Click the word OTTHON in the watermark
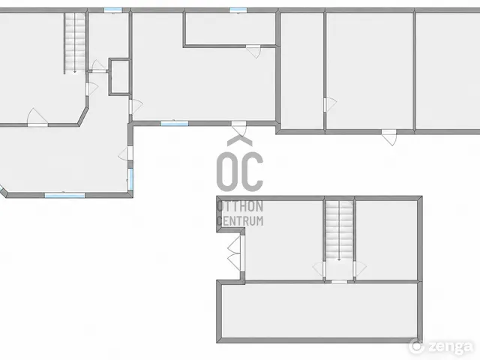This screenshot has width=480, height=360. pyautogui.click(x=240, y=206)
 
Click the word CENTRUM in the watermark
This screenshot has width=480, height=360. pyautogui.click(x=240, y=220)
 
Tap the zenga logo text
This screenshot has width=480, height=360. pyautogui.click(x=450, y=346)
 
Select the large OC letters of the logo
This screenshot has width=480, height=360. pyautogui.click(x=240, y=172)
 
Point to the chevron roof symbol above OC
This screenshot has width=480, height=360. pyautogui.click(x=240, y=140)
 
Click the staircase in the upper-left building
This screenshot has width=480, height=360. pyautogui.click(x=75, y=43)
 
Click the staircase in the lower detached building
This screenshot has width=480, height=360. pyautogui.click(x=339, y=230)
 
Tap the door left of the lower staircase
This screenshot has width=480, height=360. pyautogui.click(x=319, y=269)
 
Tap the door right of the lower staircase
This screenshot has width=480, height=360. pyautogui.click(x=360, y=269)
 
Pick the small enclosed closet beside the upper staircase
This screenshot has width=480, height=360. pyautogui.click(x=119, y=76)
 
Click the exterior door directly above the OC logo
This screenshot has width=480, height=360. pyautogui.click(x=239, y=128)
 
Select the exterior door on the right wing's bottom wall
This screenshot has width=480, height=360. pyautogui.click(x=389, y=137)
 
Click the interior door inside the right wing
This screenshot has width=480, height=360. pyautogui.click(x=330, y=105)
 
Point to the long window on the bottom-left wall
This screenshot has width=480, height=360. pyautogui.click(x=65, y=195)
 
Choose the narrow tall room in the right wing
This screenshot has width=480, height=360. pyautogui.click(x=302, y=71)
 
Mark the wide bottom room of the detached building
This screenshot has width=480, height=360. pyautogui.click(x=319, y=311)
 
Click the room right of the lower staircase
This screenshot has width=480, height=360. pyautogui.click(x=387, y=240)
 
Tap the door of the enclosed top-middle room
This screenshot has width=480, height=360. pyautogui.click(x=253, y=51)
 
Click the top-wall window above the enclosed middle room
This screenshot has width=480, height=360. pyautogui.click(x=238, y=10)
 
